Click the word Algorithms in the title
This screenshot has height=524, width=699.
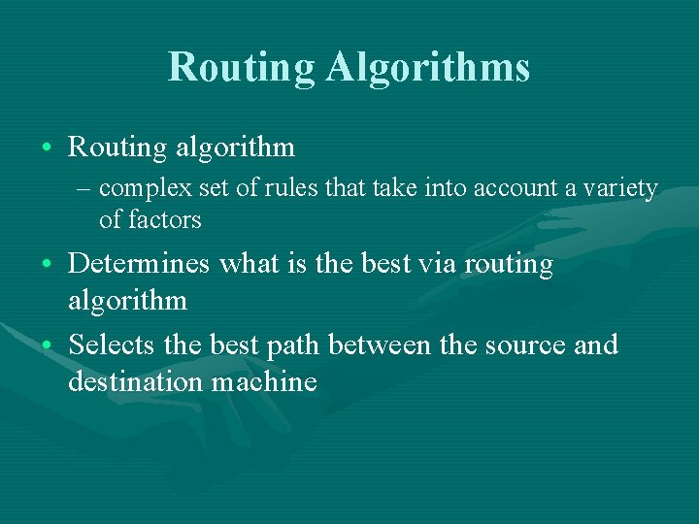pyautogui.click(x=428, y=68)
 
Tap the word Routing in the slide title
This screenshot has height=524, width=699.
pyautogui.click(x=242, y=68)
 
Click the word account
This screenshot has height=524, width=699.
pyautogui.click(x=514, y=188)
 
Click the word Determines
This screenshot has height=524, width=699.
pyautogui.click(x=141, y=265)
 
